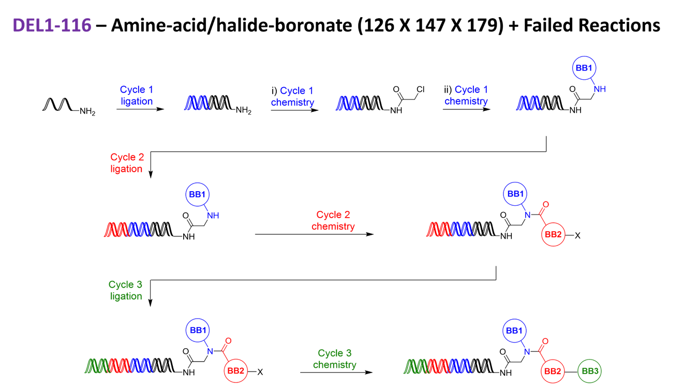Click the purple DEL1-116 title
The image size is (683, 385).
pos(52,25)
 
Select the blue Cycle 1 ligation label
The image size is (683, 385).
pos(137,95)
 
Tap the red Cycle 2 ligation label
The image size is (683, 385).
pos(126,163)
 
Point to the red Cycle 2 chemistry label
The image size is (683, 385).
pos(333,221)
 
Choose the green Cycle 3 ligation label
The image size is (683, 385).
pos(126,290)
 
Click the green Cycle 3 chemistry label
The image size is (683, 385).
pos(335,359)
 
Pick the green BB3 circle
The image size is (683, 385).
pos(589,371)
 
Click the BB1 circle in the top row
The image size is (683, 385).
pos(584,68)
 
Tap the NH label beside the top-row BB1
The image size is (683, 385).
pos(599,89)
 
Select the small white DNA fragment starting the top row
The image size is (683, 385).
pos(54,105)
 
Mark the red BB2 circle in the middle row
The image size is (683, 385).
pos(553,235)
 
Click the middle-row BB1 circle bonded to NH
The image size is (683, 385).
pos(198,195)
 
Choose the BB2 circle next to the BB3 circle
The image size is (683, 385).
pos(552,372)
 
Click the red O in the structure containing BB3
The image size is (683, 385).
pos(545,341)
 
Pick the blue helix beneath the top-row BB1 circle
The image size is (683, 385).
pos(528,103)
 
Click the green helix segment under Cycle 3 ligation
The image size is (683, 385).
pos(96,365)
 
